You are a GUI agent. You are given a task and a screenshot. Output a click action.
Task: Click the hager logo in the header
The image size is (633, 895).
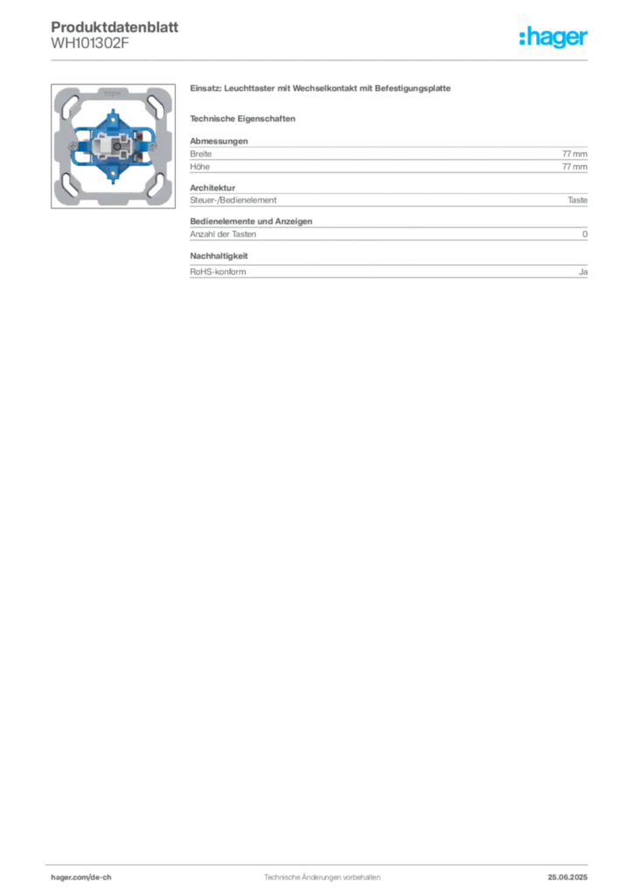(x=553, y=37)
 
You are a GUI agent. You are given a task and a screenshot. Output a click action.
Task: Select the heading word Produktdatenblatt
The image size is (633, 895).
(x=115, y=27)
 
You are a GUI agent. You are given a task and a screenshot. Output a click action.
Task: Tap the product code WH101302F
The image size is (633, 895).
(x=90, y=43)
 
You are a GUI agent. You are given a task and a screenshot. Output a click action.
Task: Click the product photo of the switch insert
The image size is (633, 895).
(x=113, y=146)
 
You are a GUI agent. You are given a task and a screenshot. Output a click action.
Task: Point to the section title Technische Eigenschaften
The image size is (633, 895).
(x=242, y=119)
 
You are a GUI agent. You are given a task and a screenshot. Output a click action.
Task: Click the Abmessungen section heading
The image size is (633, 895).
(x=219, y=141)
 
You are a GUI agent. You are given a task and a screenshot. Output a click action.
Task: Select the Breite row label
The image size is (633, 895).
(x=201, y=154)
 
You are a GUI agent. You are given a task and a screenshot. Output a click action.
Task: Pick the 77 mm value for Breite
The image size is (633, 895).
(x=574, y=154)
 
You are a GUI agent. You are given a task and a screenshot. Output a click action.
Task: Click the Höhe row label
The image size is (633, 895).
(x=199, y=167)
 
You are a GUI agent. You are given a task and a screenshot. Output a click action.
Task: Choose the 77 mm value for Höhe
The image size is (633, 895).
(x=574, y=167)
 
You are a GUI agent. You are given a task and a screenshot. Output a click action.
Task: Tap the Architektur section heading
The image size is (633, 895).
(x=212, y=188)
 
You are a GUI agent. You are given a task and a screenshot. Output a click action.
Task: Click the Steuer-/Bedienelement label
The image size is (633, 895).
(x=233, y=200)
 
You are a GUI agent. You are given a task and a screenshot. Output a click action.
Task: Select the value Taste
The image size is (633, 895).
(x=578, y=200)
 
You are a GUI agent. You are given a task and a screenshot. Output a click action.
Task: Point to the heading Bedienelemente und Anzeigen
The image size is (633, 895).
(x=251, y=221)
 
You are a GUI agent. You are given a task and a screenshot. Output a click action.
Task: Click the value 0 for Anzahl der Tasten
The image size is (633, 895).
(x=585, y=234)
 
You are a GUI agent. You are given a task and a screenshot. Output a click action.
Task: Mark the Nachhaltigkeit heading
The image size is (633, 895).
(x=219, y=256)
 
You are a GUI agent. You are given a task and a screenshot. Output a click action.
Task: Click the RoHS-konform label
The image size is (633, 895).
(x=218, y=272)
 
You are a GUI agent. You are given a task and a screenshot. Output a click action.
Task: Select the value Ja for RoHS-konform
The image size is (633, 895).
(x=583, y=272)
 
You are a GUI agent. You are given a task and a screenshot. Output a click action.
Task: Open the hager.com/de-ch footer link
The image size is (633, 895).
(x=81, y=878)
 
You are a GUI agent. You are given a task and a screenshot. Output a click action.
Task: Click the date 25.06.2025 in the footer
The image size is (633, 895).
(x=567, y=878)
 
